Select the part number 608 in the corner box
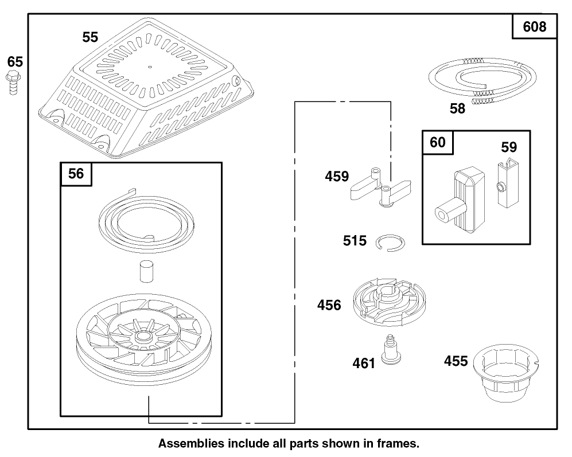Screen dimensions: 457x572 point(535,26)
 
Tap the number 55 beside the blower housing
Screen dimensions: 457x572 point(90,37)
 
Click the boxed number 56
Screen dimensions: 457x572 point(76,174)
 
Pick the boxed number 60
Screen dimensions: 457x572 point(437,142)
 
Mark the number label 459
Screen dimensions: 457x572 point(337,177)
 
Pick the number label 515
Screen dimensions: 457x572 point(355,240)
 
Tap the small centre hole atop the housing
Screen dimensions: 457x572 point(150,66)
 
